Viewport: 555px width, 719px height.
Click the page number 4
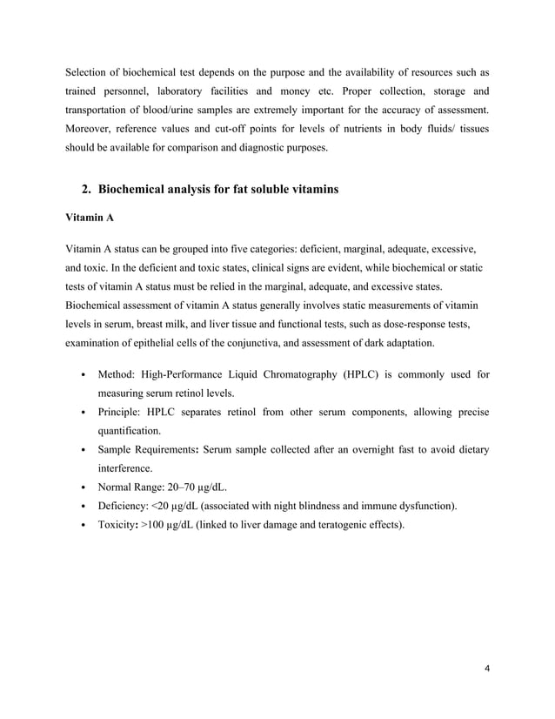(487, 669)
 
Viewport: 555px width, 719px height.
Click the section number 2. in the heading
(85, 189)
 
